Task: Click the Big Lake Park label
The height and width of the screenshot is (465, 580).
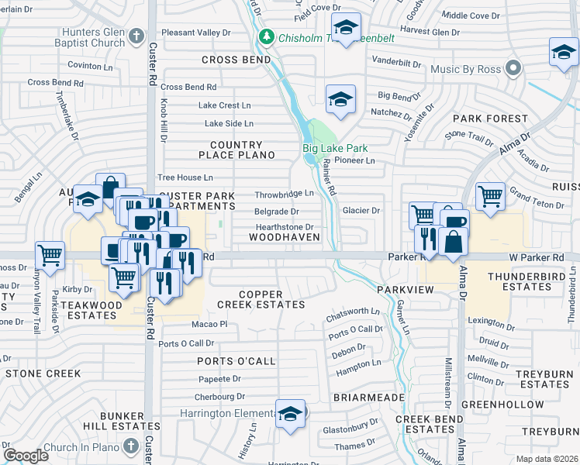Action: tap(334, 148)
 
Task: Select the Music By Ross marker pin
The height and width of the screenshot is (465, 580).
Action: tap(513, 69)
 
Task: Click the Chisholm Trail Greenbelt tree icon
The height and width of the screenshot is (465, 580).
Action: tap(267, 36)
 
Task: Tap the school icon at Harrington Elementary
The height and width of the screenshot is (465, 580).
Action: tap(291, 413)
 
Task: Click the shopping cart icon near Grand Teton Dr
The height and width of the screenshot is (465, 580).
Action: tap(490, 197)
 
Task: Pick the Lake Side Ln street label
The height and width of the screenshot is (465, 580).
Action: tap(229, 123)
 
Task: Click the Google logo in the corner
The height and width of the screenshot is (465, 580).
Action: tap(26, 456)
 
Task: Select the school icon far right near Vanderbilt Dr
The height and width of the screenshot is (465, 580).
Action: tap(563, 53)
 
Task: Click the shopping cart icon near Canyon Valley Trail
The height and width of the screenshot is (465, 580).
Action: tap(50, 254)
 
